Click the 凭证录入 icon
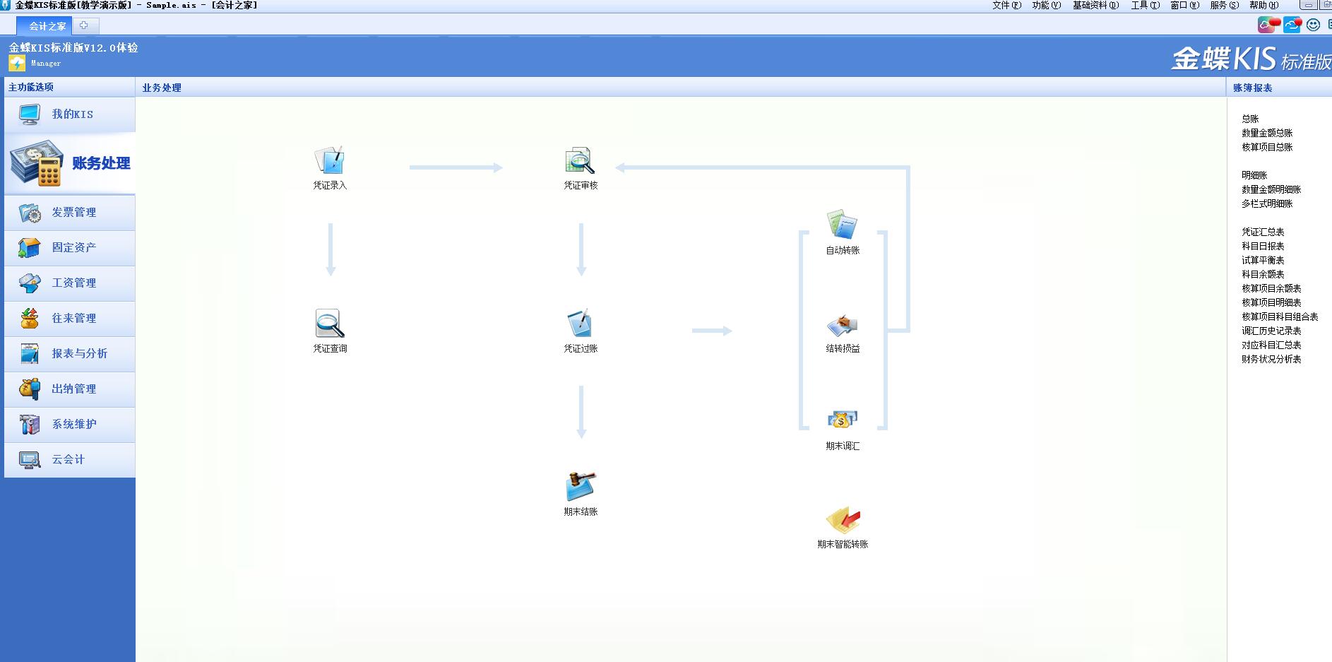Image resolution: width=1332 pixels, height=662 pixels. click(329, 161)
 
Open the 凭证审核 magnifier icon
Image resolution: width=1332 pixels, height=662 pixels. click(580, 161)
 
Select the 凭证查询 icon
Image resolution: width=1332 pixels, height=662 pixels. click(329, 324)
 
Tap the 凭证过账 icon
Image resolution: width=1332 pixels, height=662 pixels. click(580, 324)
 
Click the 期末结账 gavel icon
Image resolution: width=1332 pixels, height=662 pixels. click(581, 487)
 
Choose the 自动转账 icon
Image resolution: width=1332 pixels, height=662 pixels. click(842, 225)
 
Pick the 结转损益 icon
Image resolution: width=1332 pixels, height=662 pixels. click(842, 325)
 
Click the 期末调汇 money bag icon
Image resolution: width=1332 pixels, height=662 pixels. click(842, 421)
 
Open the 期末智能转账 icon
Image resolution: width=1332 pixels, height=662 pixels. click(843, 521)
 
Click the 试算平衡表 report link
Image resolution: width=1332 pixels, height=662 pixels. click(1263, 260)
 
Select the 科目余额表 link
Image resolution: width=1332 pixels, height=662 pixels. click(1263, 274)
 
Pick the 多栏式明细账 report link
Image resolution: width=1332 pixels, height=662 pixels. click(1267, 203)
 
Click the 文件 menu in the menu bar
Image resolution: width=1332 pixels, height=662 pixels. click(1006, 5)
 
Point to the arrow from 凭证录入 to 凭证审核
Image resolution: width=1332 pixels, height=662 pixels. click(456, 167)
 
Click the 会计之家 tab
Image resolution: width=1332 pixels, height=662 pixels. click(47, 26)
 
